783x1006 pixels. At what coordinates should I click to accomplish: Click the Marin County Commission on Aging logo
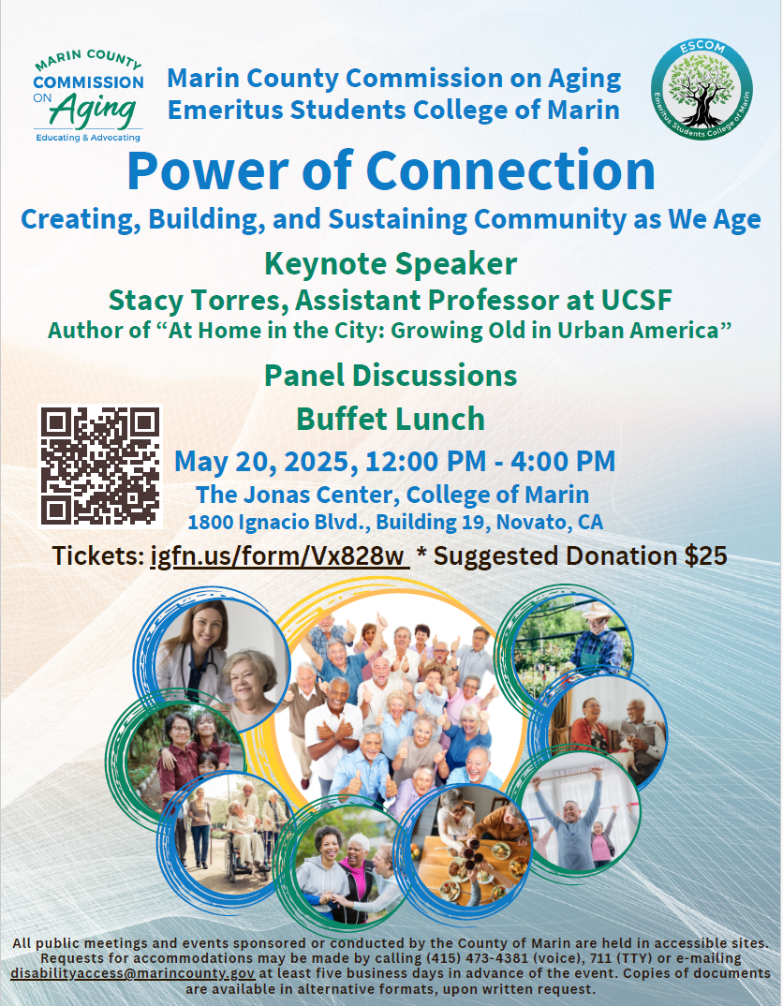(89, 97)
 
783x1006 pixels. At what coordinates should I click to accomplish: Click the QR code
(100, 466)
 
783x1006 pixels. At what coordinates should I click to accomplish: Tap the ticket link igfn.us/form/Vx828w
(279, 555)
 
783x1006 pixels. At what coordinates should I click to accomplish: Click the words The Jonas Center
(273, 494)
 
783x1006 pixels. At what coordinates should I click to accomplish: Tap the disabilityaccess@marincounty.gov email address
(132, 974)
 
